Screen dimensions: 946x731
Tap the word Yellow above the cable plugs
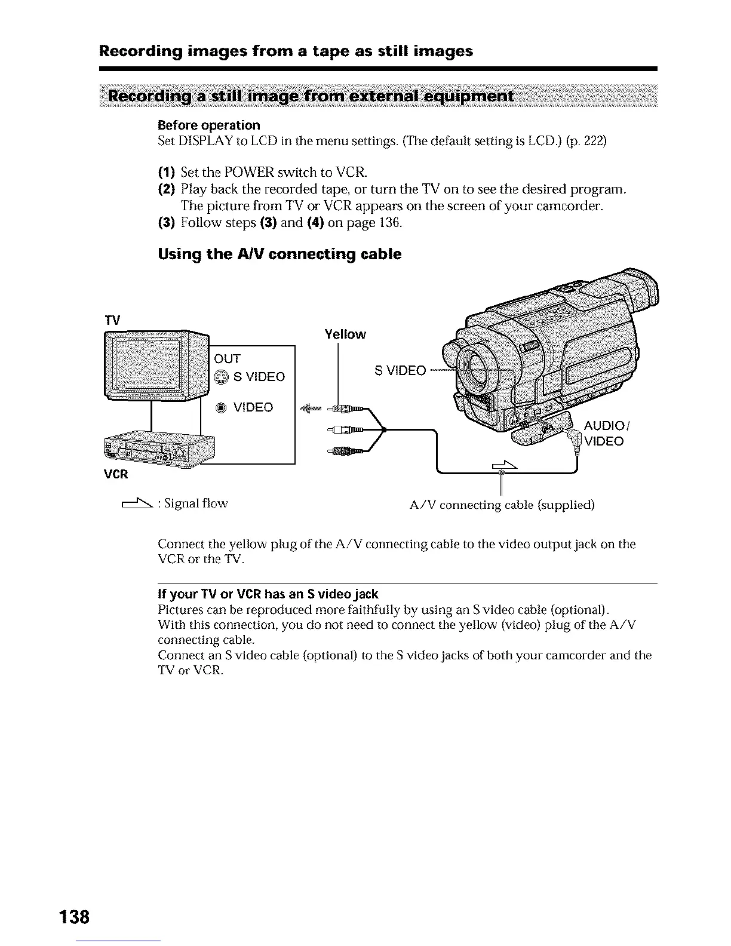click(x=345, y=334)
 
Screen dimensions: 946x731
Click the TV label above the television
click(x=112, y=321)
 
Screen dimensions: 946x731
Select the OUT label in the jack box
click(x=227, y=358)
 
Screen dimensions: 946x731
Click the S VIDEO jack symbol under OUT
click(x=221, y=377)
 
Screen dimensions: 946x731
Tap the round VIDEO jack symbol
click(x=221, y=408)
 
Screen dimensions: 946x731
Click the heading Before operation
click(x=209, y=125)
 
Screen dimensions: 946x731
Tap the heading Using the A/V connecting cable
click(x=279, y=254)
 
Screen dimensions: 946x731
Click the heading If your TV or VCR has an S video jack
click(x=268, y=594)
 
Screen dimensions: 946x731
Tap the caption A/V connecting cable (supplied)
click(x=502, y=505)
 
